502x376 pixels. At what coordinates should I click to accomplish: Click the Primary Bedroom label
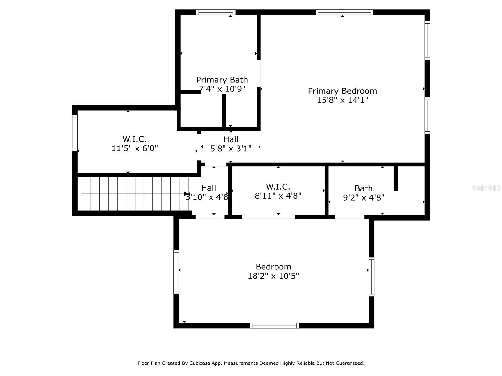pyautogui.click(x=342, y=91)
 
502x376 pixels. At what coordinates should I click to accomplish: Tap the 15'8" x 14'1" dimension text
pyautogui.click(x=342, y=100)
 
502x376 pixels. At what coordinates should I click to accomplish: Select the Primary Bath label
pyautogui.click(x=222, y=80)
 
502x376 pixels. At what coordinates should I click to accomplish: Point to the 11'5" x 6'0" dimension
pyautogui.click(x=135, y=148)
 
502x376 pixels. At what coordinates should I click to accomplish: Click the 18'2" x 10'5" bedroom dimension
pyautogui.click(x=273, y=276)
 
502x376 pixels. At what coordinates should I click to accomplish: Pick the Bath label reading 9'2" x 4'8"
pyautogui.click(x=364, y=189)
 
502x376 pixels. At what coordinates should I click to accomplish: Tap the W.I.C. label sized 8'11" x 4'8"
pyautogui.click(x=278, y=187)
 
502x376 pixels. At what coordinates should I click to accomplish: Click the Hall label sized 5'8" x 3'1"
pyautogui.click(x=231, y=140)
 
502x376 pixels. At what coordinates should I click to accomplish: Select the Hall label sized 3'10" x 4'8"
pyautogui.click(x=208, y=188)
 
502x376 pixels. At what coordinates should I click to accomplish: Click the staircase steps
pyautogui.click(x=132, y=194)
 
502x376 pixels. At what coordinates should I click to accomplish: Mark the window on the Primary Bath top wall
pyautogui.click(x=216, y=13)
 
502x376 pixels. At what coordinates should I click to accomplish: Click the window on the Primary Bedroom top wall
pyautogui.click(x=344, y=13)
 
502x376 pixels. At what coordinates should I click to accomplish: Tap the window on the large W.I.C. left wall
pyautogui.click(x=75, y=133)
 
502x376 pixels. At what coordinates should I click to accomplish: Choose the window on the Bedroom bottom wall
pyautogui.click(x=275, y=326)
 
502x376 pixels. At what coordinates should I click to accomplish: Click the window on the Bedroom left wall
pyautogui.click(x=176, y=272)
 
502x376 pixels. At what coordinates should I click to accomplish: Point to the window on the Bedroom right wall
pyautogui.click(x=371, y=277)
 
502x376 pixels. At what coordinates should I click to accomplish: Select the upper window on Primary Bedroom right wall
pyautogui.click(x=427, y=40)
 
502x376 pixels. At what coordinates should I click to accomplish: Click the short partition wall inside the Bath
pyautogui.click(x=396, y=178)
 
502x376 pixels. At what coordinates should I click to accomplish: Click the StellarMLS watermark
pyautogui.click(x=486, y=188)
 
